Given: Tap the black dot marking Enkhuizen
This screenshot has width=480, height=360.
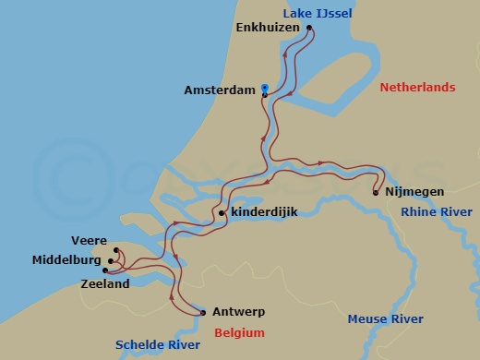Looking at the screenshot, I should pos(309,28).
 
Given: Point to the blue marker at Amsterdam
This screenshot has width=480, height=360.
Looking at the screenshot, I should pos(265,89).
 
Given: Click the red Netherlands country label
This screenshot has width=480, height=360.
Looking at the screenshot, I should pos(417,87).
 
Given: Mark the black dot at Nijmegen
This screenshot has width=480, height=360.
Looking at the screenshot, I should pos(375,193).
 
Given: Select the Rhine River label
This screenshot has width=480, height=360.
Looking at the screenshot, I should pos(436,212).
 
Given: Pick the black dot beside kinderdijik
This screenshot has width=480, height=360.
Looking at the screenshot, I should pos(222,214).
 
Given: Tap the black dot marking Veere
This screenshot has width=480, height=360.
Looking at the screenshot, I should pos(116,250).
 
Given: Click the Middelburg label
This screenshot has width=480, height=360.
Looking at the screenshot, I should pos(66,261).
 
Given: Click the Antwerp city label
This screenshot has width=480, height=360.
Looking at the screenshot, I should pos(239,311).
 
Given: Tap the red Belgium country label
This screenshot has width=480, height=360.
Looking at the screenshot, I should pos(239,332).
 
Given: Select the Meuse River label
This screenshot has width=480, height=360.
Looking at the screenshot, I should pos(385,318).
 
